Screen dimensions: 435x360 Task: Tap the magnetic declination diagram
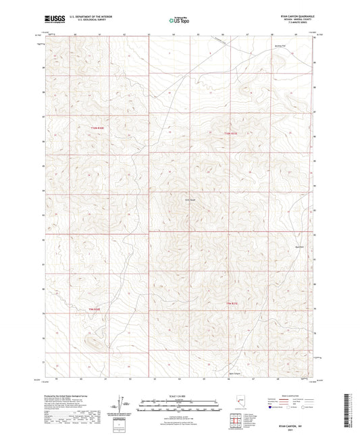point(126,404)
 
